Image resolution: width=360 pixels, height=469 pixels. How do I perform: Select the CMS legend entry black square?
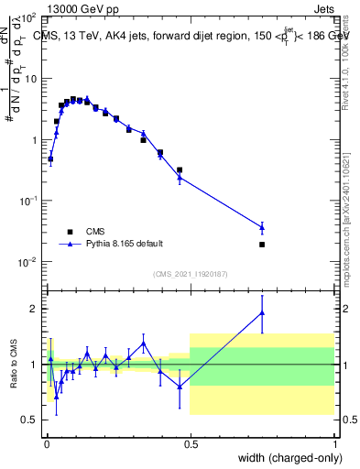tap(69, 232)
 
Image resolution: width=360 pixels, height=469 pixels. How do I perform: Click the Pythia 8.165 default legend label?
tap(125, 244)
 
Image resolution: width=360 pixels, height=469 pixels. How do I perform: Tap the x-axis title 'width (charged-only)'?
tap(285, 458)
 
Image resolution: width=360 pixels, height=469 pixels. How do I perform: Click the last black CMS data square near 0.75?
tap(262, 245)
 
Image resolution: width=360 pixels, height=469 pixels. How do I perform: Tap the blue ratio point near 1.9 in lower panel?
tap(262, 313)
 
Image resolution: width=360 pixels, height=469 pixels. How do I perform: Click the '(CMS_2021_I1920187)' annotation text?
tap(190, 273)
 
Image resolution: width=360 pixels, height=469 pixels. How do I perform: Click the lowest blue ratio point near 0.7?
tap(56, 396)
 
